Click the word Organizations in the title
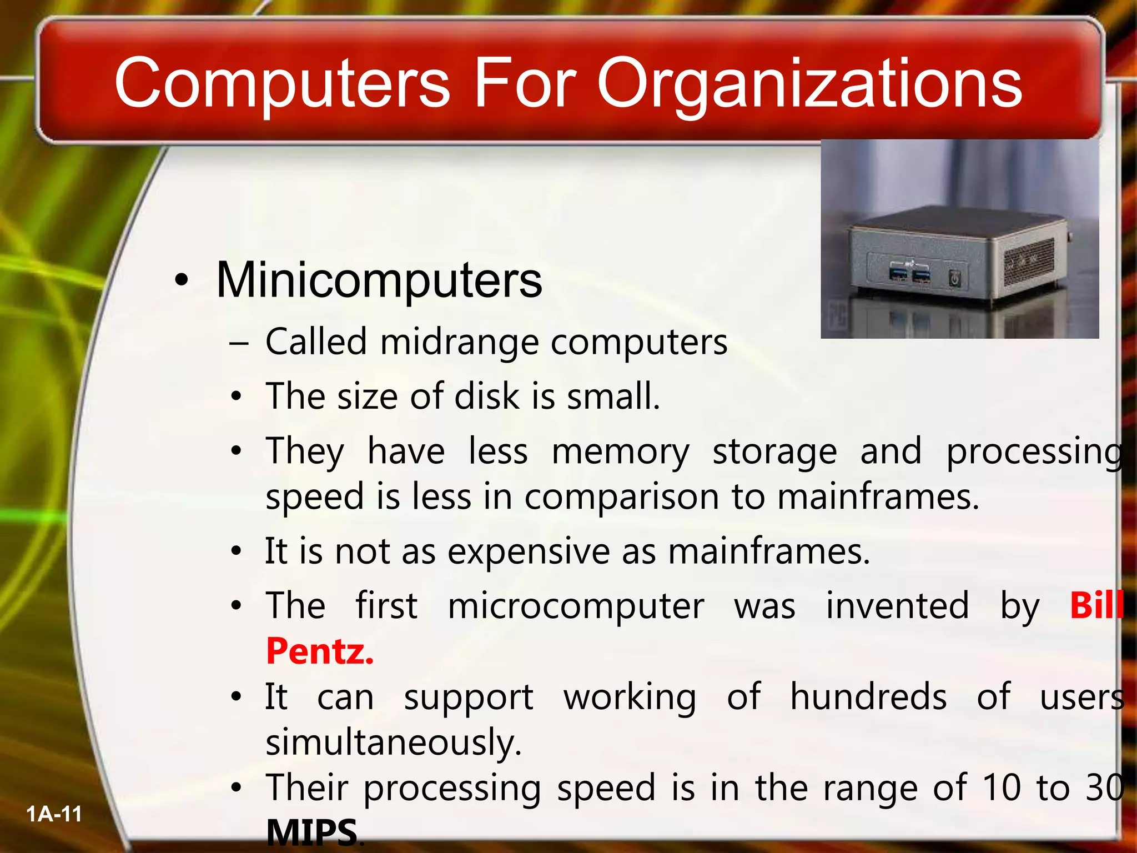click(x=809, y=84)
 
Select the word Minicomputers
click(x=379, y=280)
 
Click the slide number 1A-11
click(x=54, y=814)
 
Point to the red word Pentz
click(x=320, y=651)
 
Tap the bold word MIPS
click(x=311, y=832)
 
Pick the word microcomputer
click(x=576, y=605)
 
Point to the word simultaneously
click(x=393, y=742)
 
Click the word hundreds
click(x=868, y=696)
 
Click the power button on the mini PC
click(x=954, y=277)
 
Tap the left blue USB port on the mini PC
click(x=900, y=273)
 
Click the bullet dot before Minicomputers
click(x=181, y=280)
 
